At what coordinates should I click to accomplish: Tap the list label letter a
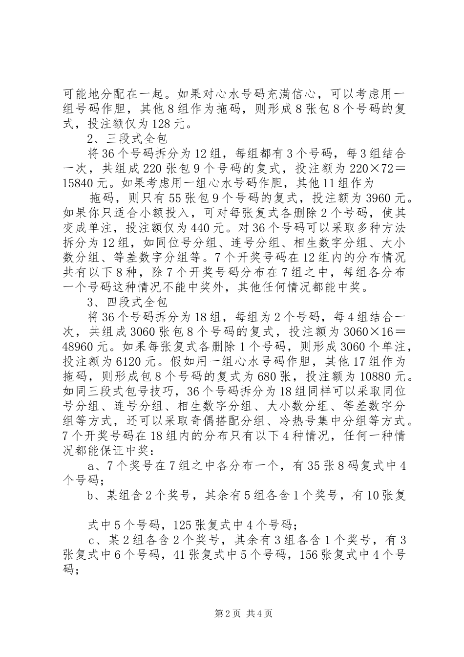90,466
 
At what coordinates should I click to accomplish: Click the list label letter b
90,496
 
